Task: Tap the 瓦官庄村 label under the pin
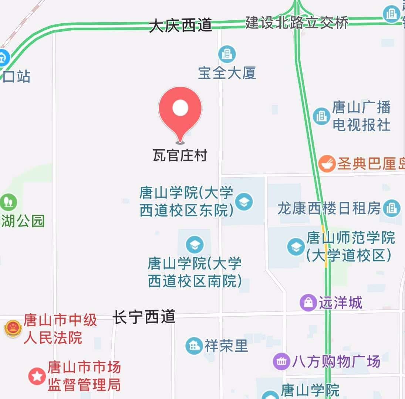[180, 155]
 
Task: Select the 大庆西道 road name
[180, 26]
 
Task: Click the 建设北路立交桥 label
[297, 23]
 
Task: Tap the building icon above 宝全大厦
[227, 54]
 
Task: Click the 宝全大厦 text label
[227, 73]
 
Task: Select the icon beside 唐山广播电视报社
[321, 116]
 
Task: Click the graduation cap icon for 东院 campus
[244, 202]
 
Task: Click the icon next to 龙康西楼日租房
[391, 208]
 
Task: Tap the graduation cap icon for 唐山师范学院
[296, 247]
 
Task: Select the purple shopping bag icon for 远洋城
[308, 303]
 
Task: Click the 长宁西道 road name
[144, 317]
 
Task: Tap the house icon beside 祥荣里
[194, 346]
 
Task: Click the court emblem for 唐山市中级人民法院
[13, 328]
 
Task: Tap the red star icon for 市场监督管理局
[37, 376]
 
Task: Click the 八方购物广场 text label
[336, 361]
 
